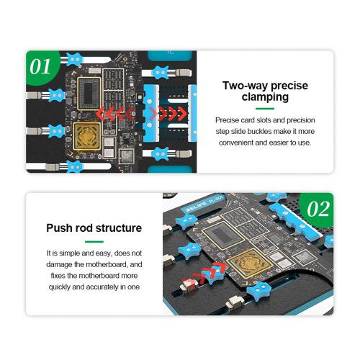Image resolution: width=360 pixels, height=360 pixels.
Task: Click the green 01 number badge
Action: coord(42,67)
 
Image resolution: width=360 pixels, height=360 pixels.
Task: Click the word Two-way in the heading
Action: coord(242,86)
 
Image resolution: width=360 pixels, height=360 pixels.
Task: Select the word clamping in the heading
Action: coord(265,97)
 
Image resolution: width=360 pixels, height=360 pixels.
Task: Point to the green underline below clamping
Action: coord(265,109)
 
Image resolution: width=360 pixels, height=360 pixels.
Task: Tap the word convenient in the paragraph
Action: coord(236,143)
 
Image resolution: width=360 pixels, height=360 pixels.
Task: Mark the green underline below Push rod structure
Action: coord(94,241)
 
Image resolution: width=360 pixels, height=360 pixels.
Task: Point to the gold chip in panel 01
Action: coord(86,135)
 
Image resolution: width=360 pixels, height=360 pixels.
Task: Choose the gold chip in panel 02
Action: coord(250,261)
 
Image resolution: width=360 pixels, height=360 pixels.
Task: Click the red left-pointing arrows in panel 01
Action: coord(115,113)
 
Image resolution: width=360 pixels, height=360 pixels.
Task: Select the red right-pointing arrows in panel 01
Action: coord(168,113)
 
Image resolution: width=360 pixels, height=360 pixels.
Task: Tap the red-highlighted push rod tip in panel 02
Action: coord(189,284)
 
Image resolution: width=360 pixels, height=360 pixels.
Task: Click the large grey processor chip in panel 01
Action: coord(89,93)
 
